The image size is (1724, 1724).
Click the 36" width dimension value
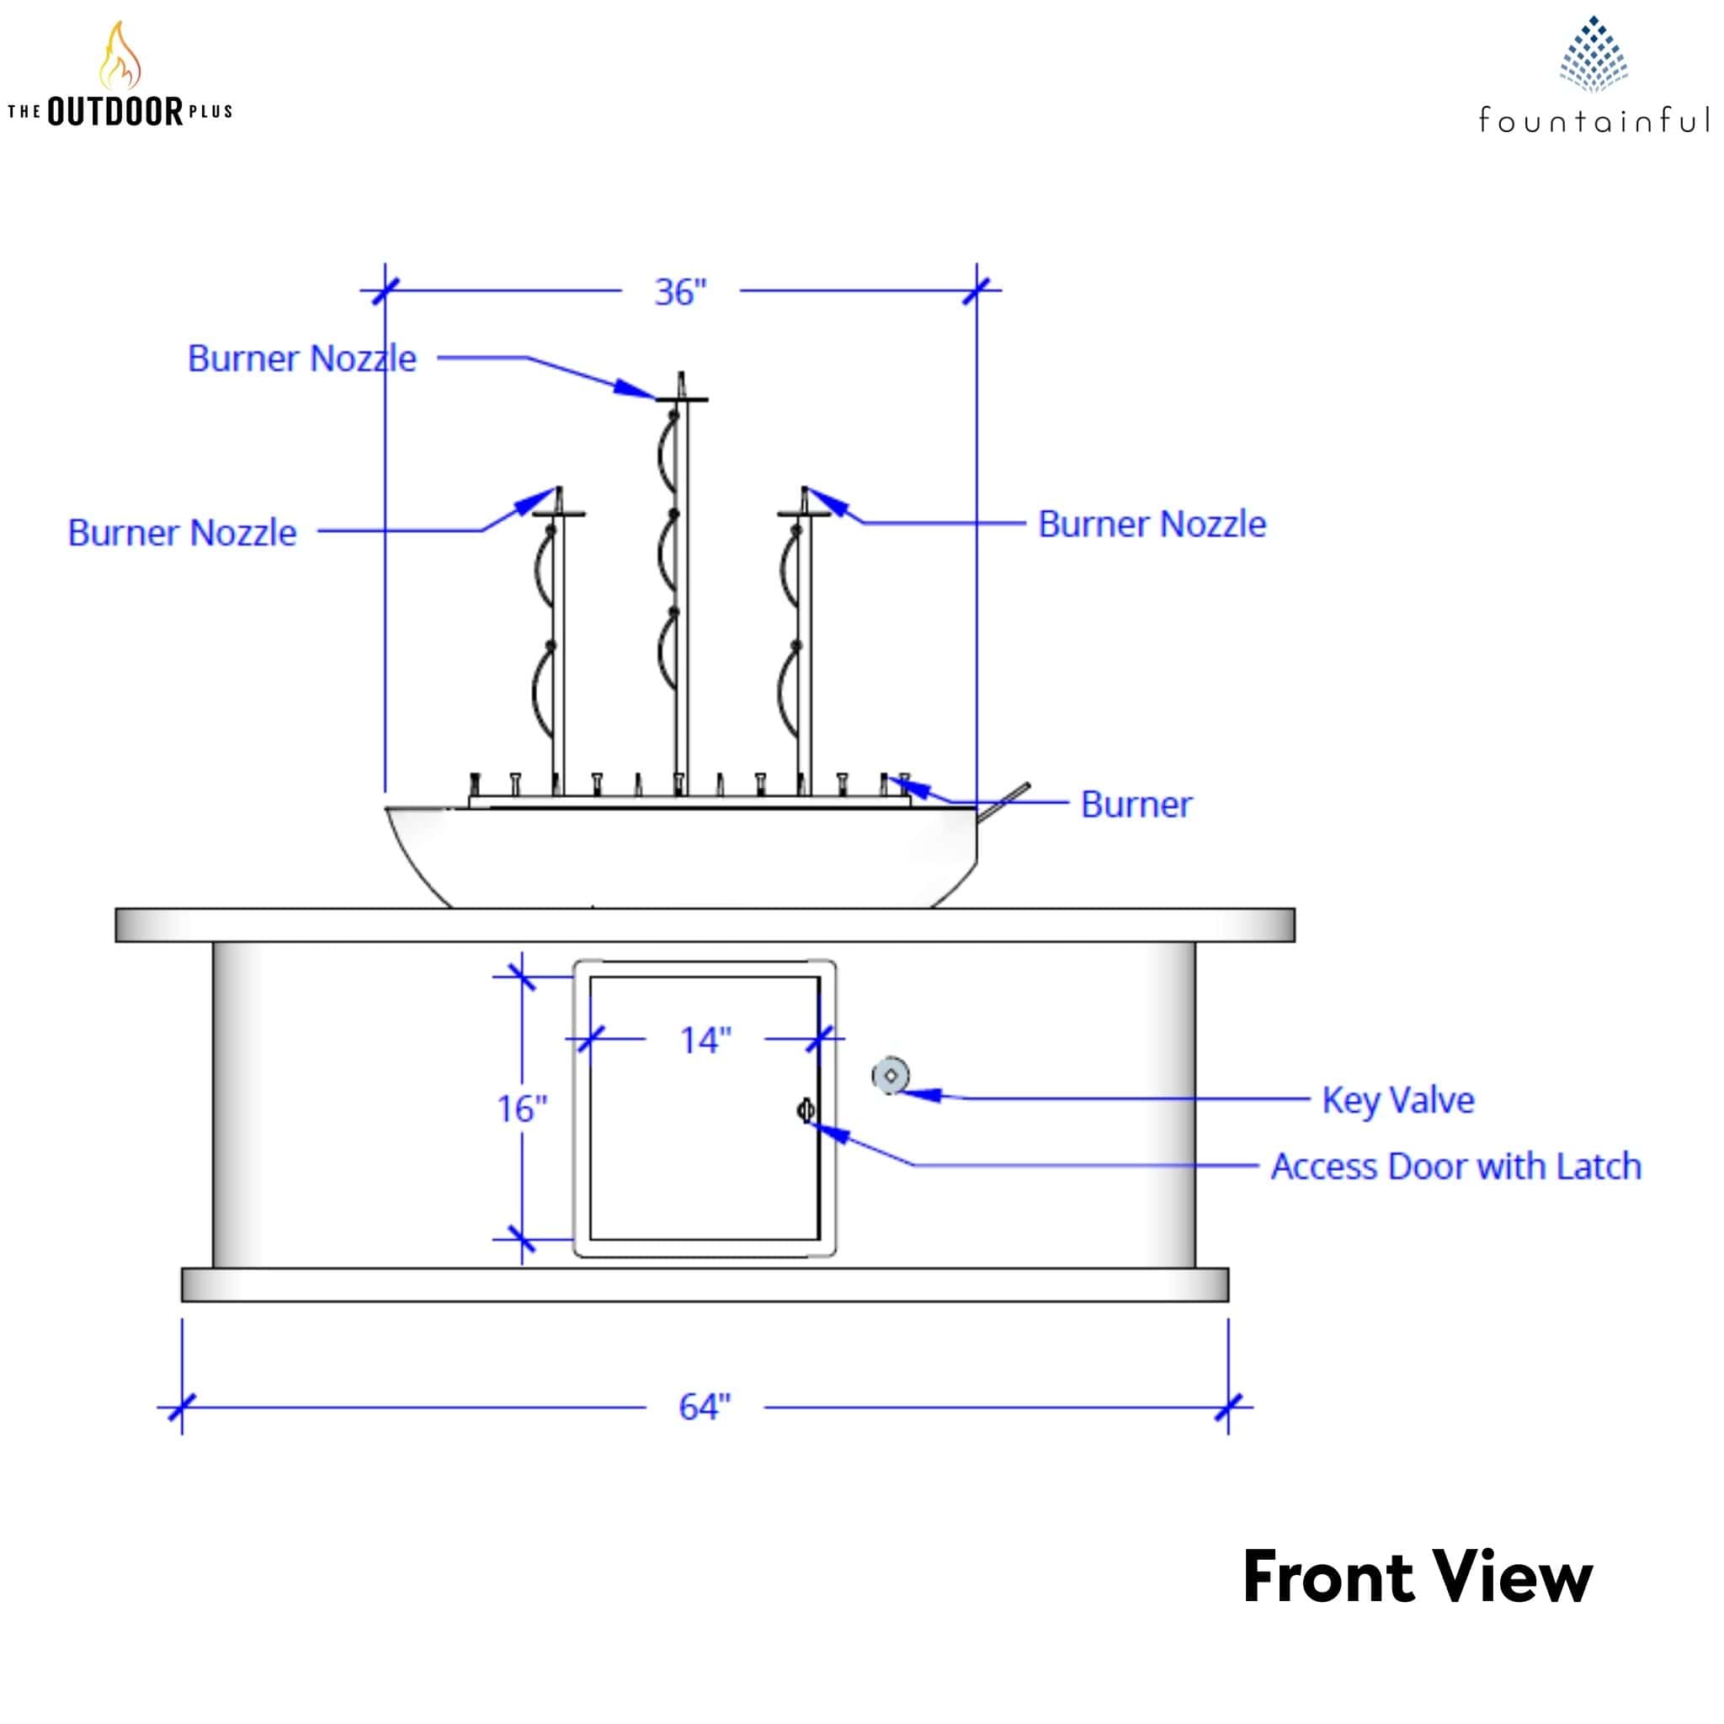[x=680, y=292]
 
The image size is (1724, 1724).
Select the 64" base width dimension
[x=704, y=1407]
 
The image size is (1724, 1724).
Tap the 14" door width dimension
[x=705, y=1040]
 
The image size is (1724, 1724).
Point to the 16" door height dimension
[x=522, y=1109]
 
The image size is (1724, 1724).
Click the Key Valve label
[x=1397, y=1099]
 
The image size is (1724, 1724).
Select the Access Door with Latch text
[x=1455, y=1166]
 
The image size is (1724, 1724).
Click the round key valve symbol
[x=891, y=1075]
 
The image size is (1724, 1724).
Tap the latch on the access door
[x=805, y=1110]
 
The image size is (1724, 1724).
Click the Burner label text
[x=1136, y=804]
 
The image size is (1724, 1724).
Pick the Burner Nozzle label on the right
[x=1151, y=524]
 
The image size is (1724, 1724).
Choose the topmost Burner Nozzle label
[x=301, y=359]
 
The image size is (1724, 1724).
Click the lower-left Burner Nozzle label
[x=182, y=533]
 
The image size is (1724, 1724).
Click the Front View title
[x=1416, y=1578]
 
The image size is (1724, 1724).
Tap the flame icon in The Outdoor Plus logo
[x=120, y=56]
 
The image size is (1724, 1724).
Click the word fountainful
[x=1593, y=120]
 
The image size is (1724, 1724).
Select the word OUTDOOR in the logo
[x=115, y=113]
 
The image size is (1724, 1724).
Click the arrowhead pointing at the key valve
[x=924, y=1093]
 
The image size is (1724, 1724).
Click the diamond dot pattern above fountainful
[x=1593, y=55]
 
